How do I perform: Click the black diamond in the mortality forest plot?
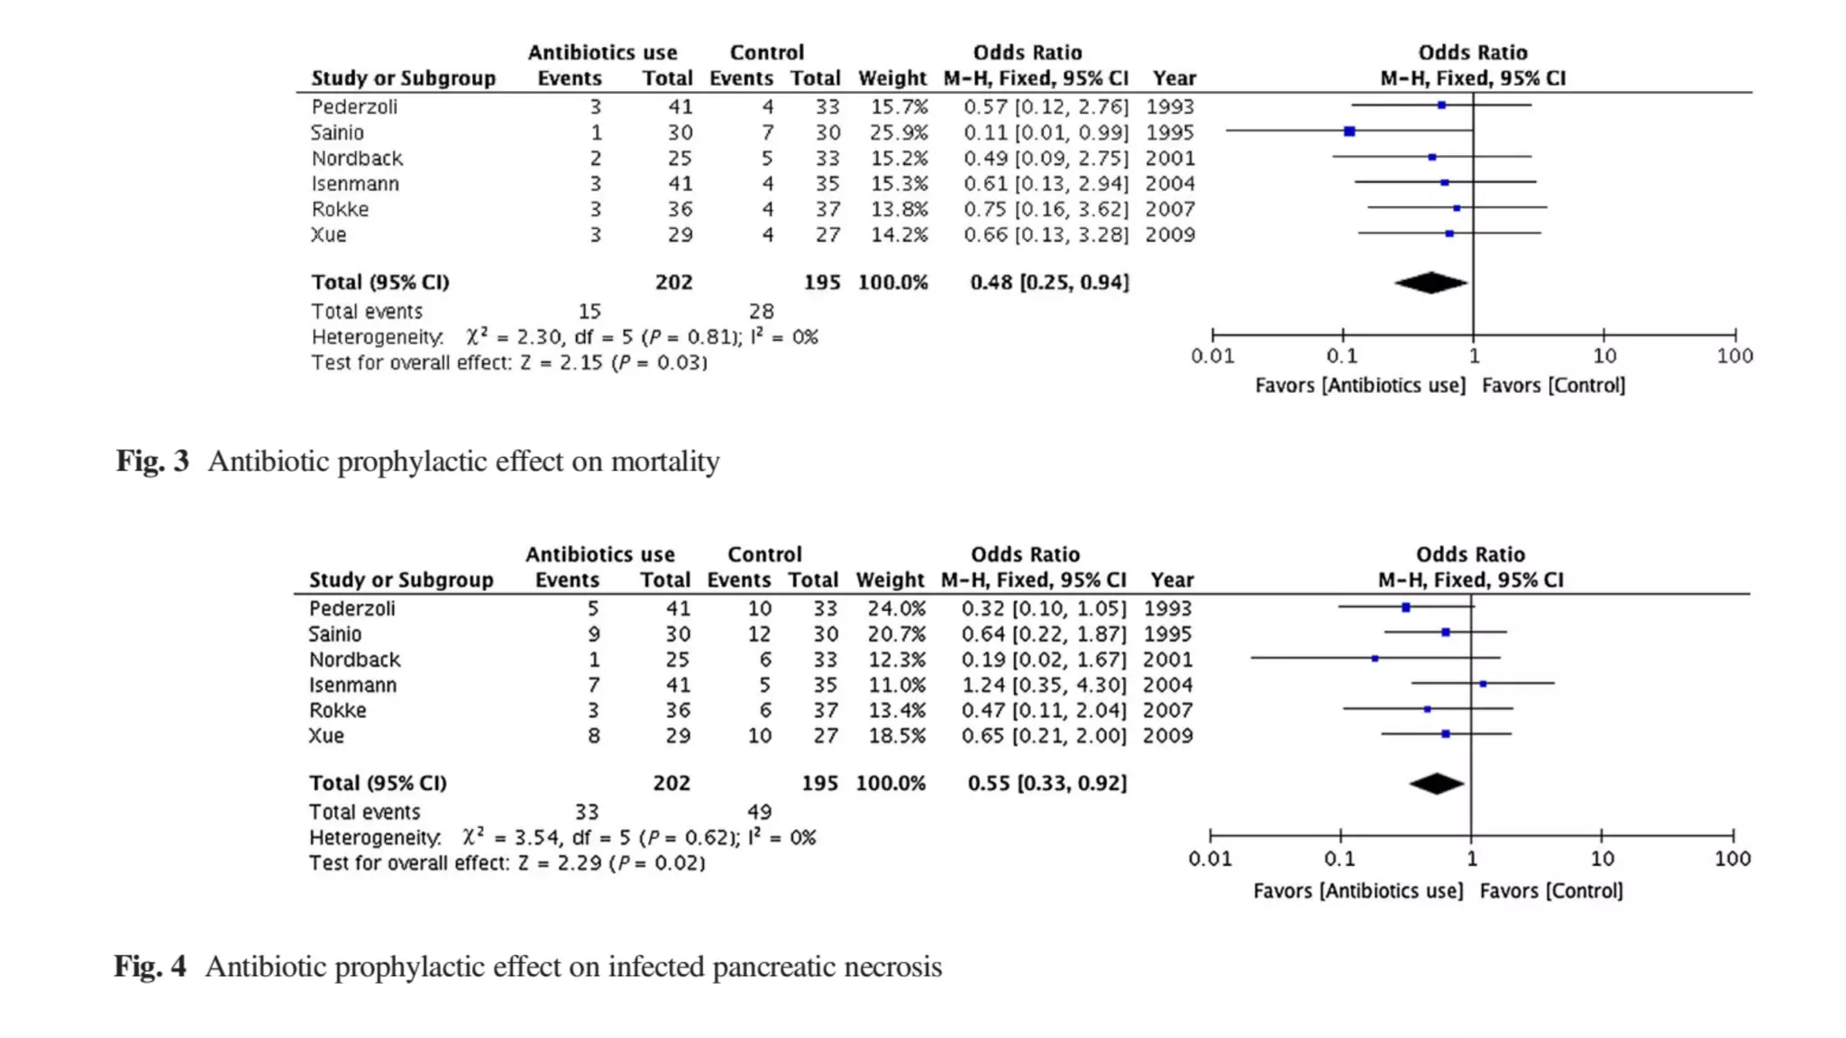pos(1430,283)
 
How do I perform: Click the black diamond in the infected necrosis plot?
pos(1437,784)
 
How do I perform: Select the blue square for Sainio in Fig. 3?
pos(1349,132)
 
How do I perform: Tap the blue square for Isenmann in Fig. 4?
pos(1483,684)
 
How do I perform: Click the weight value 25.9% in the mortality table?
pos(899,132)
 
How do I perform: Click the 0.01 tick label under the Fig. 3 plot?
pos(1212,356)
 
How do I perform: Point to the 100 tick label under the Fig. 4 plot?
pos(1732,859)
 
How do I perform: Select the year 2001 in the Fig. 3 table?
pos(1170,159)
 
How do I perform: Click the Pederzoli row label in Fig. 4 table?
pos(352,608)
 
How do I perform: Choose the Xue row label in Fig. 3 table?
pos(328,235)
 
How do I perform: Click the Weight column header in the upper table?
pos(891,78)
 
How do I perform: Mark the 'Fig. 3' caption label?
pos(152,461)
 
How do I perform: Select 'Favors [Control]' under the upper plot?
pos(1553,386)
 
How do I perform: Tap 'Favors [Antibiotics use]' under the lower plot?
pos(1357,891)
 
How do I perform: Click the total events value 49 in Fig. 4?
pos(759,812)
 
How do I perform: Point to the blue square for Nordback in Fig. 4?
pos(1375,659)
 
